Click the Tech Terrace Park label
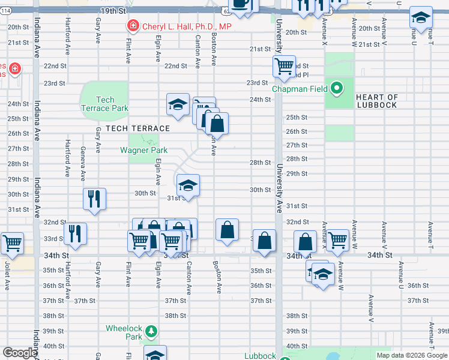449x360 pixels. (x=104, y=104)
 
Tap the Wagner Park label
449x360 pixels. (x=143, y=150)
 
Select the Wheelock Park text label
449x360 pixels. (x=124, y=332)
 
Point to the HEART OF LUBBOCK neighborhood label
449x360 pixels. (x=376, y=101)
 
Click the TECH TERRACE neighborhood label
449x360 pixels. (x=138, y=128)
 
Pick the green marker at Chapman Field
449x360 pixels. (x=337, y=89)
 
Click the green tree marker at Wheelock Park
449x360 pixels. (x=151, y=331)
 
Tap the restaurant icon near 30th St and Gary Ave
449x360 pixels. (x=95, y=199)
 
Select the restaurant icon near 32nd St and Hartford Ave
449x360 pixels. (x=75, y=233)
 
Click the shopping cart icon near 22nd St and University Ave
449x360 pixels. (x=283, y=65)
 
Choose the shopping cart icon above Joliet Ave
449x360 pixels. (x=12, y=242)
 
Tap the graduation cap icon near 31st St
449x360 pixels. (x=188, y=184)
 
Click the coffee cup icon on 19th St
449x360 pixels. (x=241, y=5)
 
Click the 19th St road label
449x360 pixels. (x=114, y=11)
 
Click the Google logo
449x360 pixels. (x=20, y=353)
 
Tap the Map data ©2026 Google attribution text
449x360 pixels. (x=411, y=355)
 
